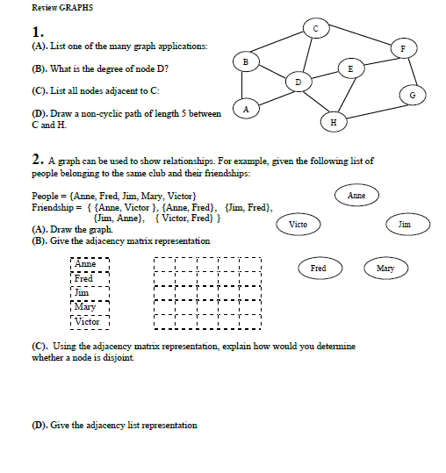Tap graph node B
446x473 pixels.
[x=247, y=61]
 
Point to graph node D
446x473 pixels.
[x=298, y=81]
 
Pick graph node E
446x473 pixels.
[x=351, y=68]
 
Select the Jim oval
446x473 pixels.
[x=404, y=226]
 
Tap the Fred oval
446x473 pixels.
[x=319, y=268]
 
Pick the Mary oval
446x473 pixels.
[x=385, y=268]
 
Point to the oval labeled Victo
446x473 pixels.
[x=298, y=226]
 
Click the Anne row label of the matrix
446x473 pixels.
[x=85, y=263]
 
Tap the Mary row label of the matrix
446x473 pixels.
[x=85, y=307]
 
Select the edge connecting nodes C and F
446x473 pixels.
[x=360, y=38]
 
